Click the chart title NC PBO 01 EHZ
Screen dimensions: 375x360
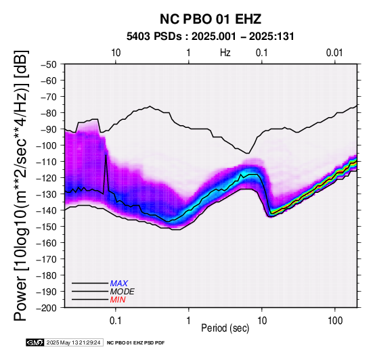point(211,19)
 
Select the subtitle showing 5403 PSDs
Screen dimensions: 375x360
point(211,37)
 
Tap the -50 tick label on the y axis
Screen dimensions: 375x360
point(49,64)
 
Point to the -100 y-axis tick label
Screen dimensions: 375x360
point(47,145)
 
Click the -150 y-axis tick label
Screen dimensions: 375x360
point(47,227)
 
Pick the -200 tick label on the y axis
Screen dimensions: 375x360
point(47,308)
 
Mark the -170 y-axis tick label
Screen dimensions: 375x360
point(47,259)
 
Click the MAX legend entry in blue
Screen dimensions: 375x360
point(119,284)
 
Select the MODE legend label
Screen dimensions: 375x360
point(123,292)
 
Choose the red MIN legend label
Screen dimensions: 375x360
point(118,300)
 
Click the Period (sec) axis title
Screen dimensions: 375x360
point(225,328)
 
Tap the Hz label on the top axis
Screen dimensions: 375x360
point(225,53)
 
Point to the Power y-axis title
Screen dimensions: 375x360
point(21,185)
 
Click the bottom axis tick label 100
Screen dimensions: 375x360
point(335,321)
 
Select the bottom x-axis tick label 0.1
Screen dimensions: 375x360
point(116,321)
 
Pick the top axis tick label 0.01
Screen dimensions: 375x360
point(334,53)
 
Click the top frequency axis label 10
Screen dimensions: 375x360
point(116,53)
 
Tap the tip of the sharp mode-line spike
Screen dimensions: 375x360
point(106,155)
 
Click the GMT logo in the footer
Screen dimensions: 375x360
point(35,342)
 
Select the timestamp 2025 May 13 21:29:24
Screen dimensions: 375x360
point(73,342)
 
